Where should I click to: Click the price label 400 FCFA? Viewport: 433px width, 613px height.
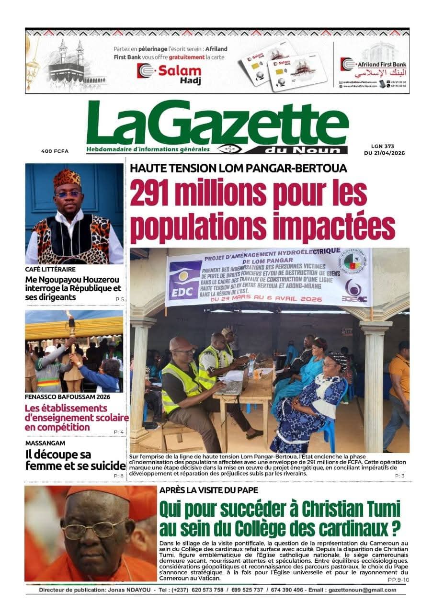click(55, 151)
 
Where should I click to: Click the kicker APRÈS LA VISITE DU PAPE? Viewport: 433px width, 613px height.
click(208, 490)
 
